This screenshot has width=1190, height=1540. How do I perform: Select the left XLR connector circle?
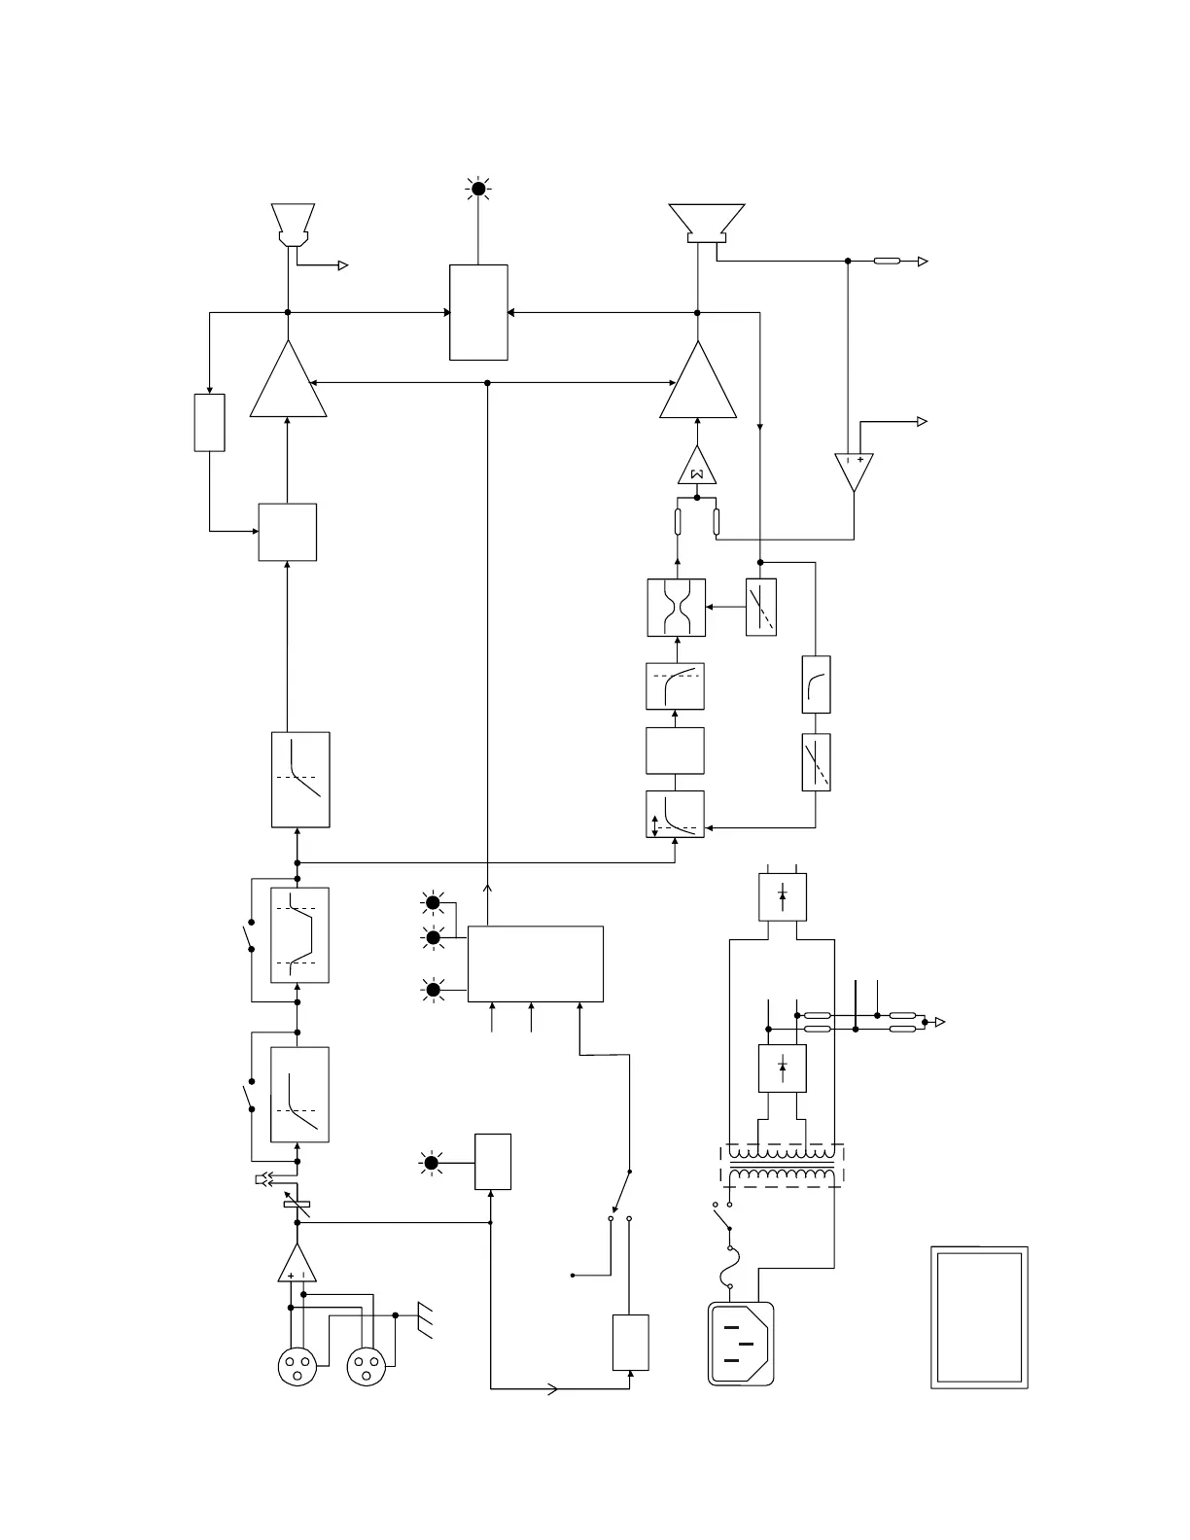click(x=297, y=1367)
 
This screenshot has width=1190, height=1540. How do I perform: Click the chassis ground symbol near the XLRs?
click(x=424, y=1320)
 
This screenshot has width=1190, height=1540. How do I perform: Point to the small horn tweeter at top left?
click(x=292, y=225)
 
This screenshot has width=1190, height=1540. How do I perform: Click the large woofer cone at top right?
click(x=707, y=222)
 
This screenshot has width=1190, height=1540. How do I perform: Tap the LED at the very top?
click(x=477, y=189)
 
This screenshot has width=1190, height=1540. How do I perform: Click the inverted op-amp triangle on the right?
click(x=854, y=470)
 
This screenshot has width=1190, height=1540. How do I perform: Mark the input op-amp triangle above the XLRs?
click(x=297, y=1265)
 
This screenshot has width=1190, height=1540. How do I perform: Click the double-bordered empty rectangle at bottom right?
click(x=979, y=1317)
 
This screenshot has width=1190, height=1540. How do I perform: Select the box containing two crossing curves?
click(x=677, y=608)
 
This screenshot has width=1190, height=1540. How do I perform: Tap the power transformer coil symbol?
click(x=782, y=1165)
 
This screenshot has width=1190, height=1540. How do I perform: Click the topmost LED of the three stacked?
click(x=434, y=903)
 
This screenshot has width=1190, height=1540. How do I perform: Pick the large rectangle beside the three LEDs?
click(x=535, y=963)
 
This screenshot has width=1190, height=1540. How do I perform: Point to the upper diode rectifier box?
click(x=783, y=896)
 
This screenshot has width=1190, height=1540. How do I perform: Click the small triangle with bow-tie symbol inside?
click(x=697, y=469)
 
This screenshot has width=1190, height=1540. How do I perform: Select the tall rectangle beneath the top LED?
click(x=478, y=312)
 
